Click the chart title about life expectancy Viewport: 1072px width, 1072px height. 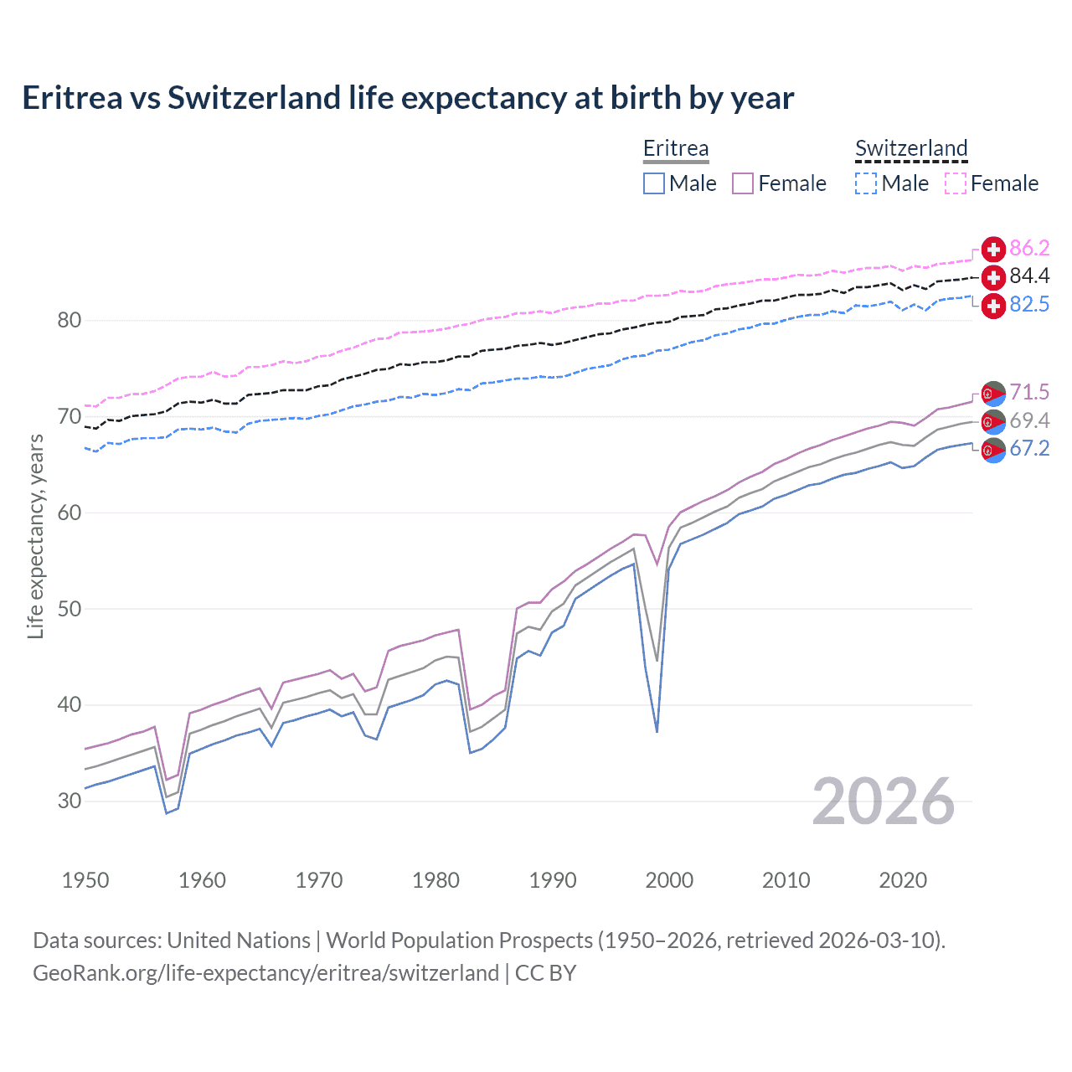(x=408, y=98)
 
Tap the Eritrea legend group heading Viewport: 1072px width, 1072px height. (x=676, y=148)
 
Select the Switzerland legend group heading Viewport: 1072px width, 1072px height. (x=911, y=148)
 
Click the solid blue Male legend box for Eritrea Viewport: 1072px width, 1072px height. (x=654, y=183)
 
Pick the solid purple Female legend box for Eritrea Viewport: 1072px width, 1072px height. (x=743, y=183)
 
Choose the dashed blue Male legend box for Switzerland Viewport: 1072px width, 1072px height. (x=866, y=183)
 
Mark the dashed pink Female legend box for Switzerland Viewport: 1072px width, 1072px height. (x=956, y=183)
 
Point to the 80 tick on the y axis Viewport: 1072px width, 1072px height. (x=70, y=320)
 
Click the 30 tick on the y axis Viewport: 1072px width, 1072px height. (x=70, y=801)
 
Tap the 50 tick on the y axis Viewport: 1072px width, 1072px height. (x=70, y=609)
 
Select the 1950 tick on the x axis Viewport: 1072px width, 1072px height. (x=85, y=880)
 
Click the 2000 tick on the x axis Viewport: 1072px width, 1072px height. (x=669, y=880)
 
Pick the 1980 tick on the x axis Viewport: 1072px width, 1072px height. (x=435, y=880)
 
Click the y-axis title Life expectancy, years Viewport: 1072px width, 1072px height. (x=35, y=537)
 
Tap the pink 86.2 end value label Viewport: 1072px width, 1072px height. (x=1029, y=248)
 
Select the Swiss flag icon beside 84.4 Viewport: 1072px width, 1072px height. (x=993, y=277)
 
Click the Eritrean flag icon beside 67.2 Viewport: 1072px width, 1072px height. (x=993, y=450)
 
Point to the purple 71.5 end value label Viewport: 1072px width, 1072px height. (x=1029, y=392)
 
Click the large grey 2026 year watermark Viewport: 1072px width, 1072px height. (x=884, y=801)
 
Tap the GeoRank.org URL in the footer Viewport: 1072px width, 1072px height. (x=265, y=973)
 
